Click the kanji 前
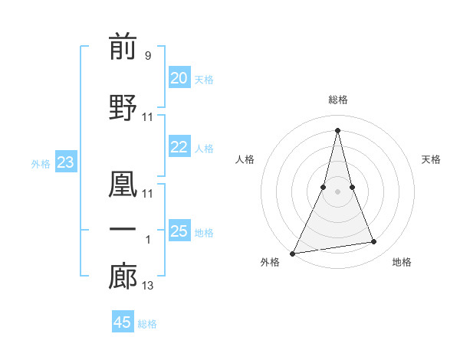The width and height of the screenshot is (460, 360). [x=123, y=47]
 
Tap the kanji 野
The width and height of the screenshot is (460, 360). [x=123, y=107]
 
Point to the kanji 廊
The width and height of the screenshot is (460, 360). [x=123, y=277]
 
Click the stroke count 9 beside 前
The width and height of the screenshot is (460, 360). [x=147, y=56]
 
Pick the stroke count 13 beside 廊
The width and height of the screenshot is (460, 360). [x=148, y=286]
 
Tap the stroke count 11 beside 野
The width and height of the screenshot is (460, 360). [x=148, y=117]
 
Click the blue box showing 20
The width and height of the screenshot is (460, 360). [x=179, y=78]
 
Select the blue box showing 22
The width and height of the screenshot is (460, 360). [x=179, y=147]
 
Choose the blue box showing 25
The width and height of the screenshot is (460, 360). [x=179, y=231]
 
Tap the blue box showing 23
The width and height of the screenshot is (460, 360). [x=65, y=162]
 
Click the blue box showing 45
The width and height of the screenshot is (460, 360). [x=122, y=322]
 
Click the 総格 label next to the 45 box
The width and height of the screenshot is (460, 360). [x=147, y=324]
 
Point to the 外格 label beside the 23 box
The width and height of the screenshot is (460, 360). [x=41, y=163]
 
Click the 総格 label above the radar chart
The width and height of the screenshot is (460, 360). [x=337, y=100]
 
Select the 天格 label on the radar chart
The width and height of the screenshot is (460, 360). [x=431, y=159]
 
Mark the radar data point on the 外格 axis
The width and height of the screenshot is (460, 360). [x=293, y=253]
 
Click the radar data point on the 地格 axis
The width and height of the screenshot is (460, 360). [x=374, y=242]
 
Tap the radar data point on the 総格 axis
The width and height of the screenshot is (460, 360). [x=337, y=129]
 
